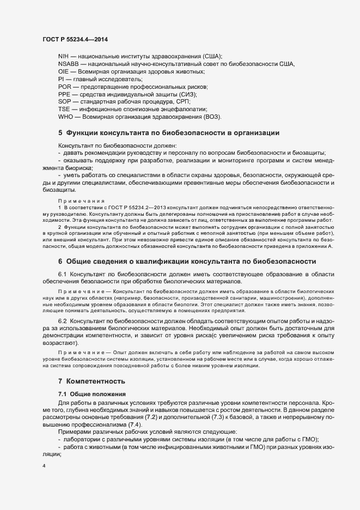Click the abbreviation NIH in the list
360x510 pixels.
64,57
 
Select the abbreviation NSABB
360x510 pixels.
68,64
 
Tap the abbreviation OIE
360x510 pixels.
63,71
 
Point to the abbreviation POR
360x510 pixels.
65,87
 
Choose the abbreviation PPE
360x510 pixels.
65,94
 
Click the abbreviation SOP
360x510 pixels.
65,101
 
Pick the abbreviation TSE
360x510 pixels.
64,109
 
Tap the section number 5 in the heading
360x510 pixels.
60,132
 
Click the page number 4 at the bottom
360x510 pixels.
44,466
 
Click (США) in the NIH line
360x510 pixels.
212,57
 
